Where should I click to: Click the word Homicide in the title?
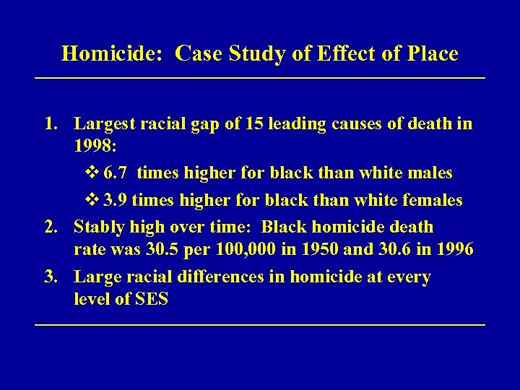(114, 54)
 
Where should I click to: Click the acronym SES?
(151, 299)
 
